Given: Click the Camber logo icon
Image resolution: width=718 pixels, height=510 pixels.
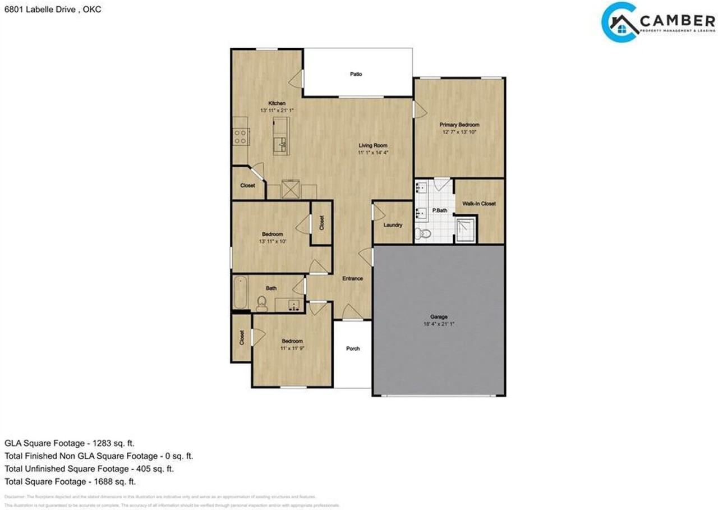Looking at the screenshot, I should [x=620, y=22].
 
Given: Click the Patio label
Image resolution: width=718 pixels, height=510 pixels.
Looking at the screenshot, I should [x=356, y=74].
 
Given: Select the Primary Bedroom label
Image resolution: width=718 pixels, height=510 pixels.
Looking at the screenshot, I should [x=459, y=125].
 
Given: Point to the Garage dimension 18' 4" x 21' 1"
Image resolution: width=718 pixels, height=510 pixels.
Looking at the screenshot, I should [x=439, y=324].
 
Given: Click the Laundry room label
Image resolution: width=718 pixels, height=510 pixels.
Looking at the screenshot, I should [x=393, y=225].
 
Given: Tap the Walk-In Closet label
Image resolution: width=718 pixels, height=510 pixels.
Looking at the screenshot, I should [x=478, y=204].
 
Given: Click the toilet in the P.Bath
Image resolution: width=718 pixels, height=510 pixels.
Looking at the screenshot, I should [x=425, y=233].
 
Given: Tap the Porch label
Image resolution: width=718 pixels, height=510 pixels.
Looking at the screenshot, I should [x=353, y=348].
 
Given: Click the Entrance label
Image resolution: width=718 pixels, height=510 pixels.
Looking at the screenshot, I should [x=352, y=278].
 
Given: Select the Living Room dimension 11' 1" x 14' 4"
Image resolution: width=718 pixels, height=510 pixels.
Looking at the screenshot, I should [x=373, y=152].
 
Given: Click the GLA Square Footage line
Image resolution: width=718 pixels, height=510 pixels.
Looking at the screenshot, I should [x=70, y=443].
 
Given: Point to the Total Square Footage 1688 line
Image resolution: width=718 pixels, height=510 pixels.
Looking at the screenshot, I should [x=70, y=481].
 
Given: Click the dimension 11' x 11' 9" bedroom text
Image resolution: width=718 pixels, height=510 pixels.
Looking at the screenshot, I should [x=292, y=348].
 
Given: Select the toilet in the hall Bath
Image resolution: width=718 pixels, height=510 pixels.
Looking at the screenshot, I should [x=261, y=304].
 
